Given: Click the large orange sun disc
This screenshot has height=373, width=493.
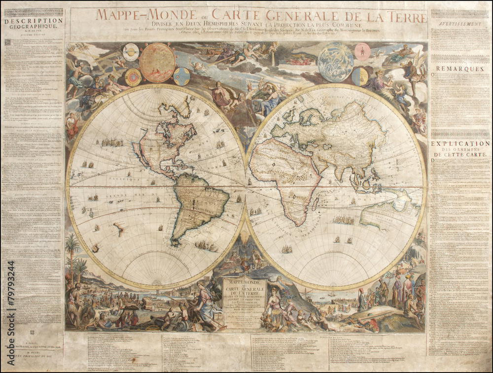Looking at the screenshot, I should [157, 62].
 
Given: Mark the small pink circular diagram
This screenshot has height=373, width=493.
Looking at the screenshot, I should [362, 52].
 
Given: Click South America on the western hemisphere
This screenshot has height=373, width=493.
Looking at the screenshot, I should [197, 205].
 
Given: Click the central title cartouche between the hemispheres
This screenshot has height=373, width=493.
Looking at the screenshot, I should [245, 301].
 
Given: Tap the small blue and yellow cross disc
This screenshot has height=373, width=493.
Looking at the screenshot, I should [181, 76].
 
